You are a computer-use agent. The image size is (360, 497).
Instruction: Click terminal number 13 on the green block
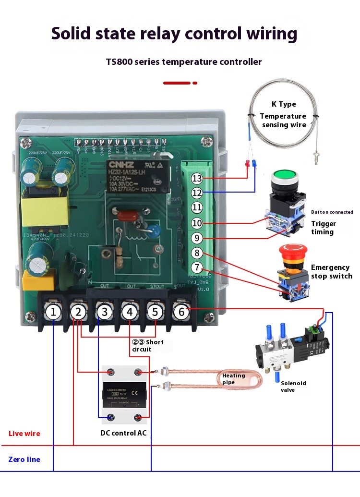click(x=197, y=179)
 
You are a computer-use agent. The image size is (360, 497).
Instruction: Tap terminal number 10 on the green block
click(x=197, y=223)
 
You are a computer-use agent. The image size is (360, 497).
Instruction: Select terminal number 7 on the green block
click(x=197, y=267)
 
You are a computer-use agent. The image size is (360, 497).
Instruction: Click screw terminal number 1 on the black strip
click(x=54, y=313)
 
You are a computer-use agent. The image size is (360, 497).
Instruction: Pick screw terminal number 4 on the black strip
click(x=130, y=313)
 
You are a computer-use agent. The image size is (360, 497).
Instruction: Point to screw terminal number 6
click(x=181, y=312)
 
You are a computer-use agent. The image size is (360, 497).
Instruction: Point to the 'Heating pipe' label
click(x=233, y=378)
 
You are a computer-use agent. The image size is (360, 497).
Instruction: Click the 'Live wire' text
click(x=24, y=434)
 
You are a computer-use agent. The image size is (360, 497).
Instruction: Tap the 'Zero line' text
click(x=24, y=460)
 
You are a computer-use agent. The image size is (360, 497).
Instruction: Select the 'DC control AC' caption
click(x=123, y=434)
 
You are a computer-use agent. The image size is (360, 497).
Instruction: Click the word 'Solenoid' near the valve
click(x=293, y=383)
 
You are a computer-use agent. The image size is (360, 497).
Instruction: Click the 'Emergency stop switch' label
click(x=331, y=272)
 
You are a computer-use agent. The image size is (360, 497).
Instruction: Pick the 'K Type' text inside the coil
click(x=284, y=104)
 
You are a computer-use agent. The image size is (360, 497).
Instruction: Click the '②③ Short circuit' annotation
click(x=148, y=346)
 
